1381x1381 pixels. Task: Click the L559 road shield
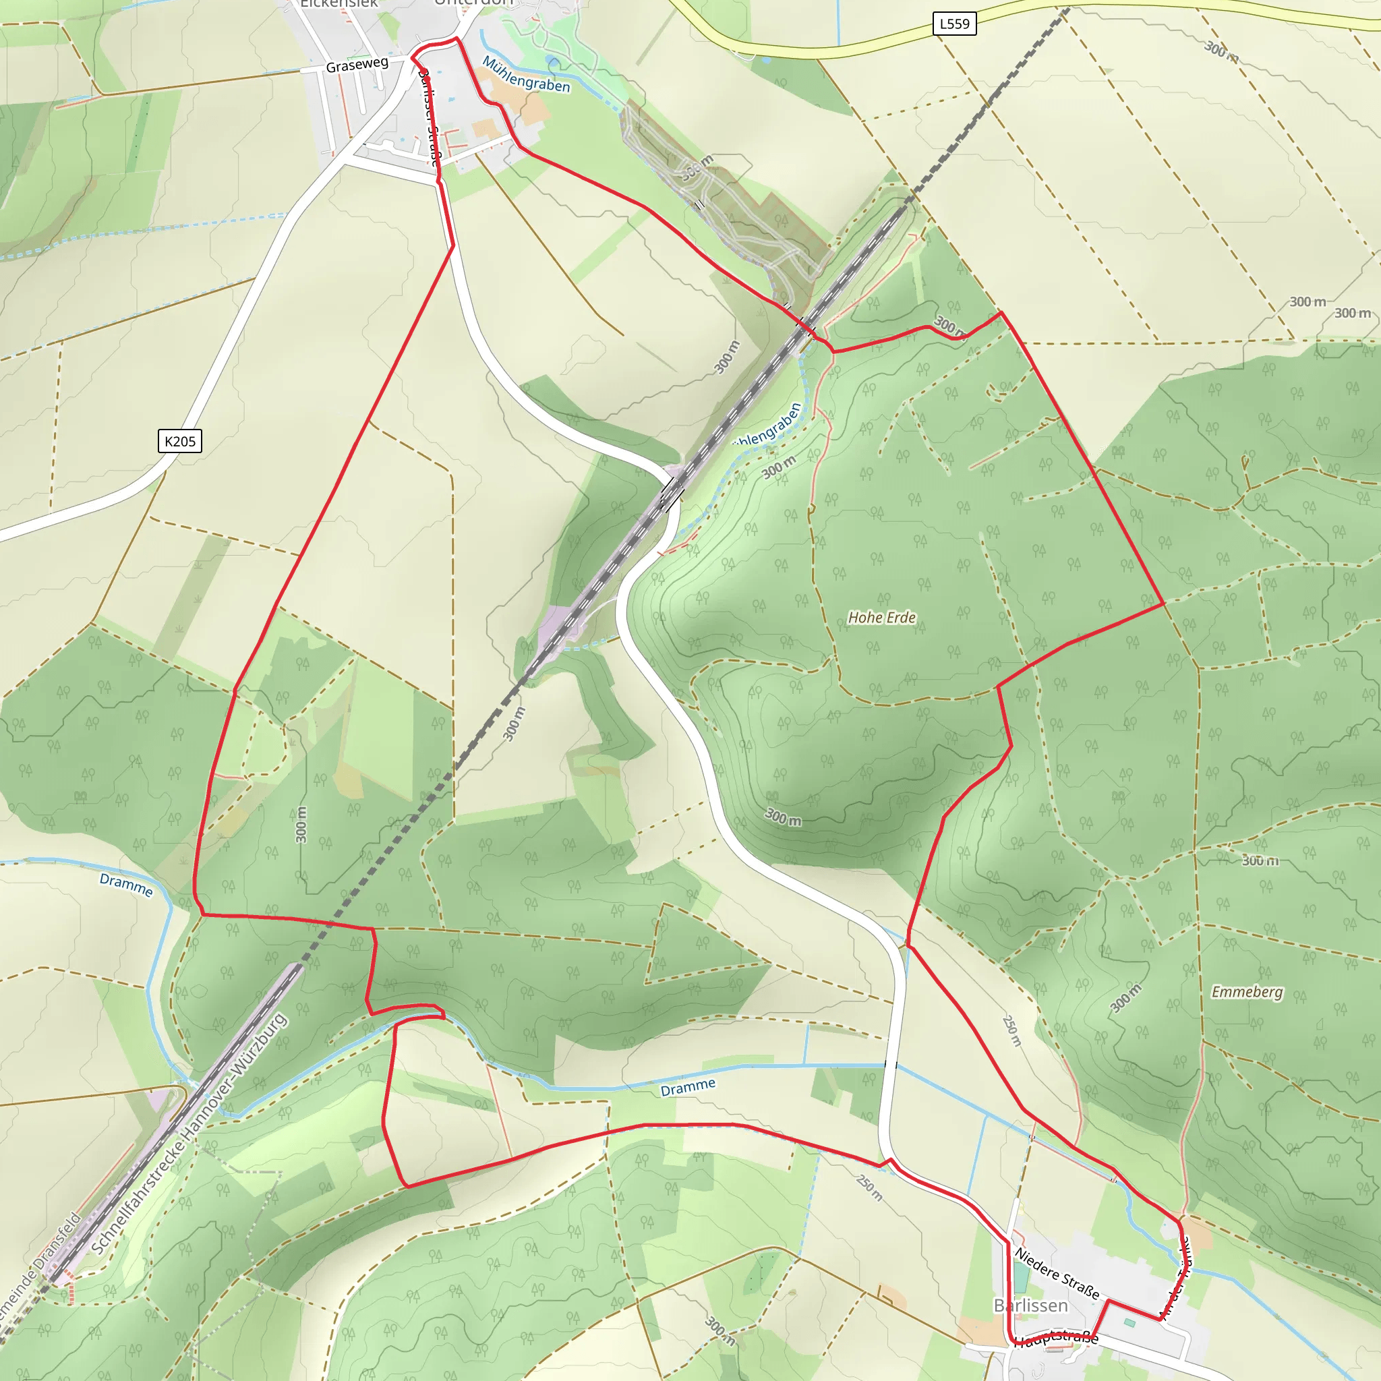click(954, 24)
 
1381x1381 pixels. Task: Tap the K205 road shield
click(179, 441)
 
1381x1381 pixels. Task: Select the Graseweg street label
click(357, 65)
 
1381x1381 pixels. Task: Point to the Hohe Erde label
click(881, 618)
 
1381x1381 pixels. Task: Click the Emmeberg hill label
click(1247, 992)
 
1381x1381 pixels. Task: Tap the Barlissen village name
click(1031, 1306)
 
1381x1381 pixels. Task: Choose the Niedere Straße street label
click(1057, 1273)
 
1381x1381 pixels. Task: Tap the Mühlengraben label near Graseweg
click(526, 75)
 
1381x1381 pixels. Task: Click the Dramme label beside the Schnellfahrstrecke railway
click(126, 885)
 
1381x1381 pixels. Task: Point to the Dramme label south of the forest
click(688, 1088)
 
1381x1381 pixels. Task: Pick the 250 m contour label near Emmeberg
click(1011, 1031)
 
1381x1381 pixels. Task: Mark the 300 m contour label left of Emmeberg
click(1126, 999)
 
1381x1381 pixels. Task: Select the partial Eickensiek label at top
click(338, 3)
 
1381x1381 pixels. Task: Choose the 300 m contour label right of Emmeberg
click(1260, 860)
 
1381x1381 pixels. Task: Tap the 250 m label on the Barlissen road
click(870, 1188)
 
